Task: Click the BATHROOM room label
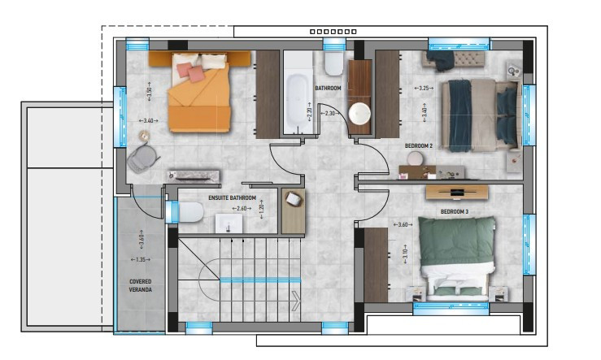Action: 328,88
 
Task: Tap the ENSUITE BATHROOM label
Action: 233,198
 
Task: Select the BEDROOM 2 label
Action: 419,146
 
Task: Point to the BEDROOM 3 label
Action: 455,211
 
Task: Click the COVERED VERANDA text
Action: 140,286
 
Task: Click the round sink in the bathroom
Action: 359,113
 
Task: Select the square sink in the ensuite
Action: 229,223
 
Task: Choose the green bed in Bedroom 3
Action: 456,257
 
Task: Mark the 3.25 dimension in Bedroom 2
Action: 424,88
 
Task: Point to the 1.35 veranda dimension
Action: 140,260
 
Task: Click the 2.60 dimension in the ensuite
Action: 242,209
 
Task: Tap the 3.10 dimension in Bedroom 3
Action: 405,254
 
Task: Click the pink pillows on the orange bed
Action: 190,72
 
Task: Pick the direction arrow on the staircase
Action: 295,301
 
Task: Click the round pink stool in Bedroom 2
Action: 415,158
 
